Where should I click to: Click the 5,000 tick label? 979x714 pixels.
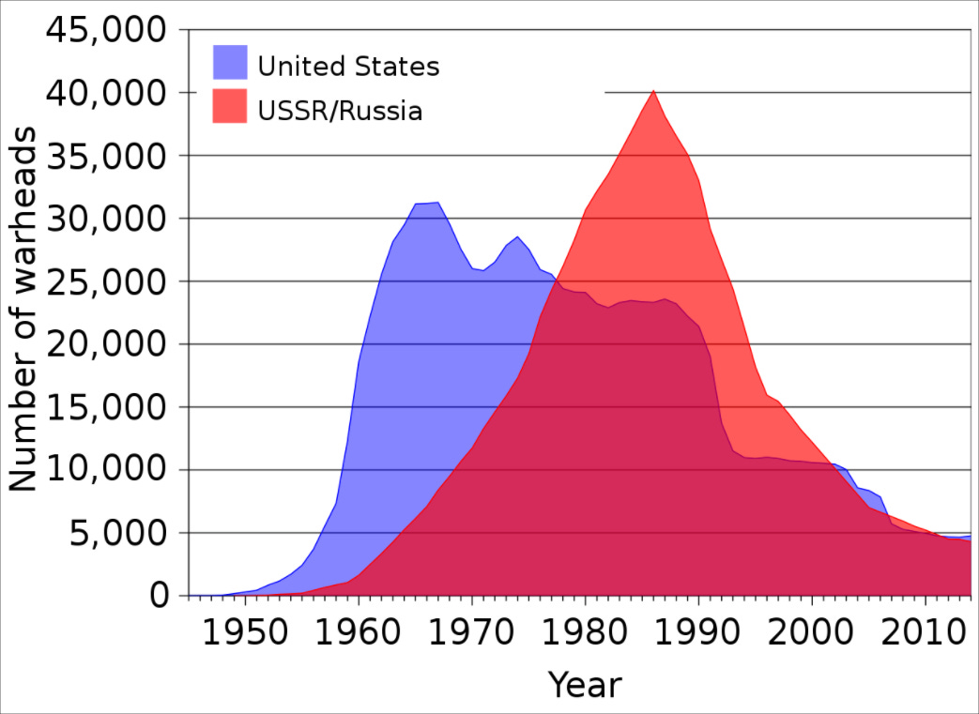click(x=111, y=533)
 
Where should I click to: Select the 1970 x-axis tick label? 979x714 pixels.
click(x=472, y=631)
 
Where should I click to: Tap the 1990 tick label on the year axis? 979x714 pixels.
click(x=698, y=631)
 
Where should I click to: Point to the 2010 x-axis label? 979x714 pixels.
click(x=925, y=631)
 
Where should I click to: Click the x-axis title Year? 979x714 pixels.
click(x=584, y=685)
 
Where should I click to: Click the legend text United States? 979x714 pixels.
click(x=348, y=67)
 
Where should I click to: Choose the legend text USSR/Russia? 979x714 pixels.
click(x=340, y=111)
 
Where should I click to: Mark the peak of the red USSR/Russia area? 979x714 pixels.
click(x=653, y=91)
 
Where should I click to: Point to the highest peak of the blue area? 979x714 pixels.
click(x=437, y=203)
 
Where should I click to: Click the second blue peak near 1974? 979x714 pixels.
click(x=517, y=236)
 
